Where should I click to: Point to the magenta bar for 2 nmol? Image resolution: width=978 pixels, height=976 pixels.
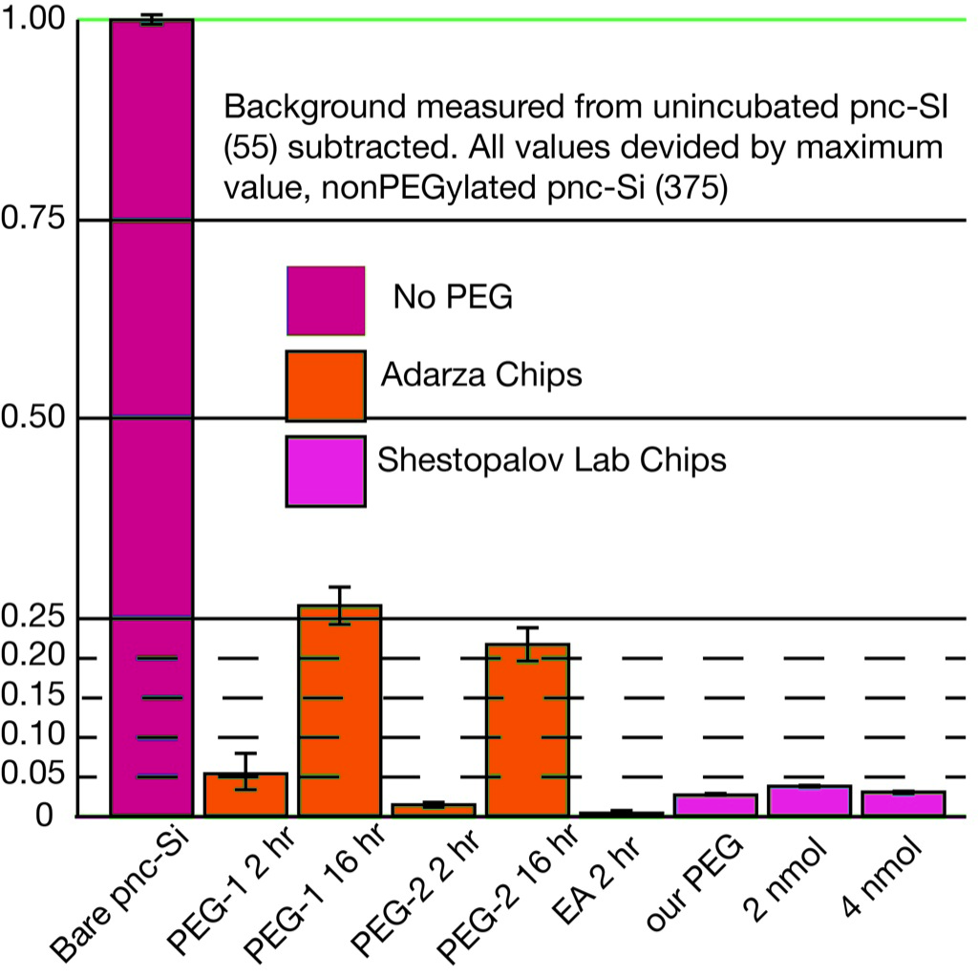coord(809,801)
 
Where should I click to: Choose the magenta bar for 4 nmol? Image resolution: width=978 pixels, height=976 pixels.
coord(903,804)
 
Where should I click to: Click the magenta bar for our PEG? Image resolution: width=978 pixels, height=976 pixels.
coord(715,805)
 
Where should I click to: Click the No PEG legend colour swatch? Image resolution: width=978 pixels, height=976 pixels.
coord(325,300)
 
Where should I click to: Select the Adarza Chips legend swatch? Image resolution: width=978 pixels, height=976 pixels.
coord(325,385)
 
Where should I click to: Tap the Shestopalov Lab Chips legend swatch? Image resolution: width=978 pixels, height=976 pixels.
coord(325,471)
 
